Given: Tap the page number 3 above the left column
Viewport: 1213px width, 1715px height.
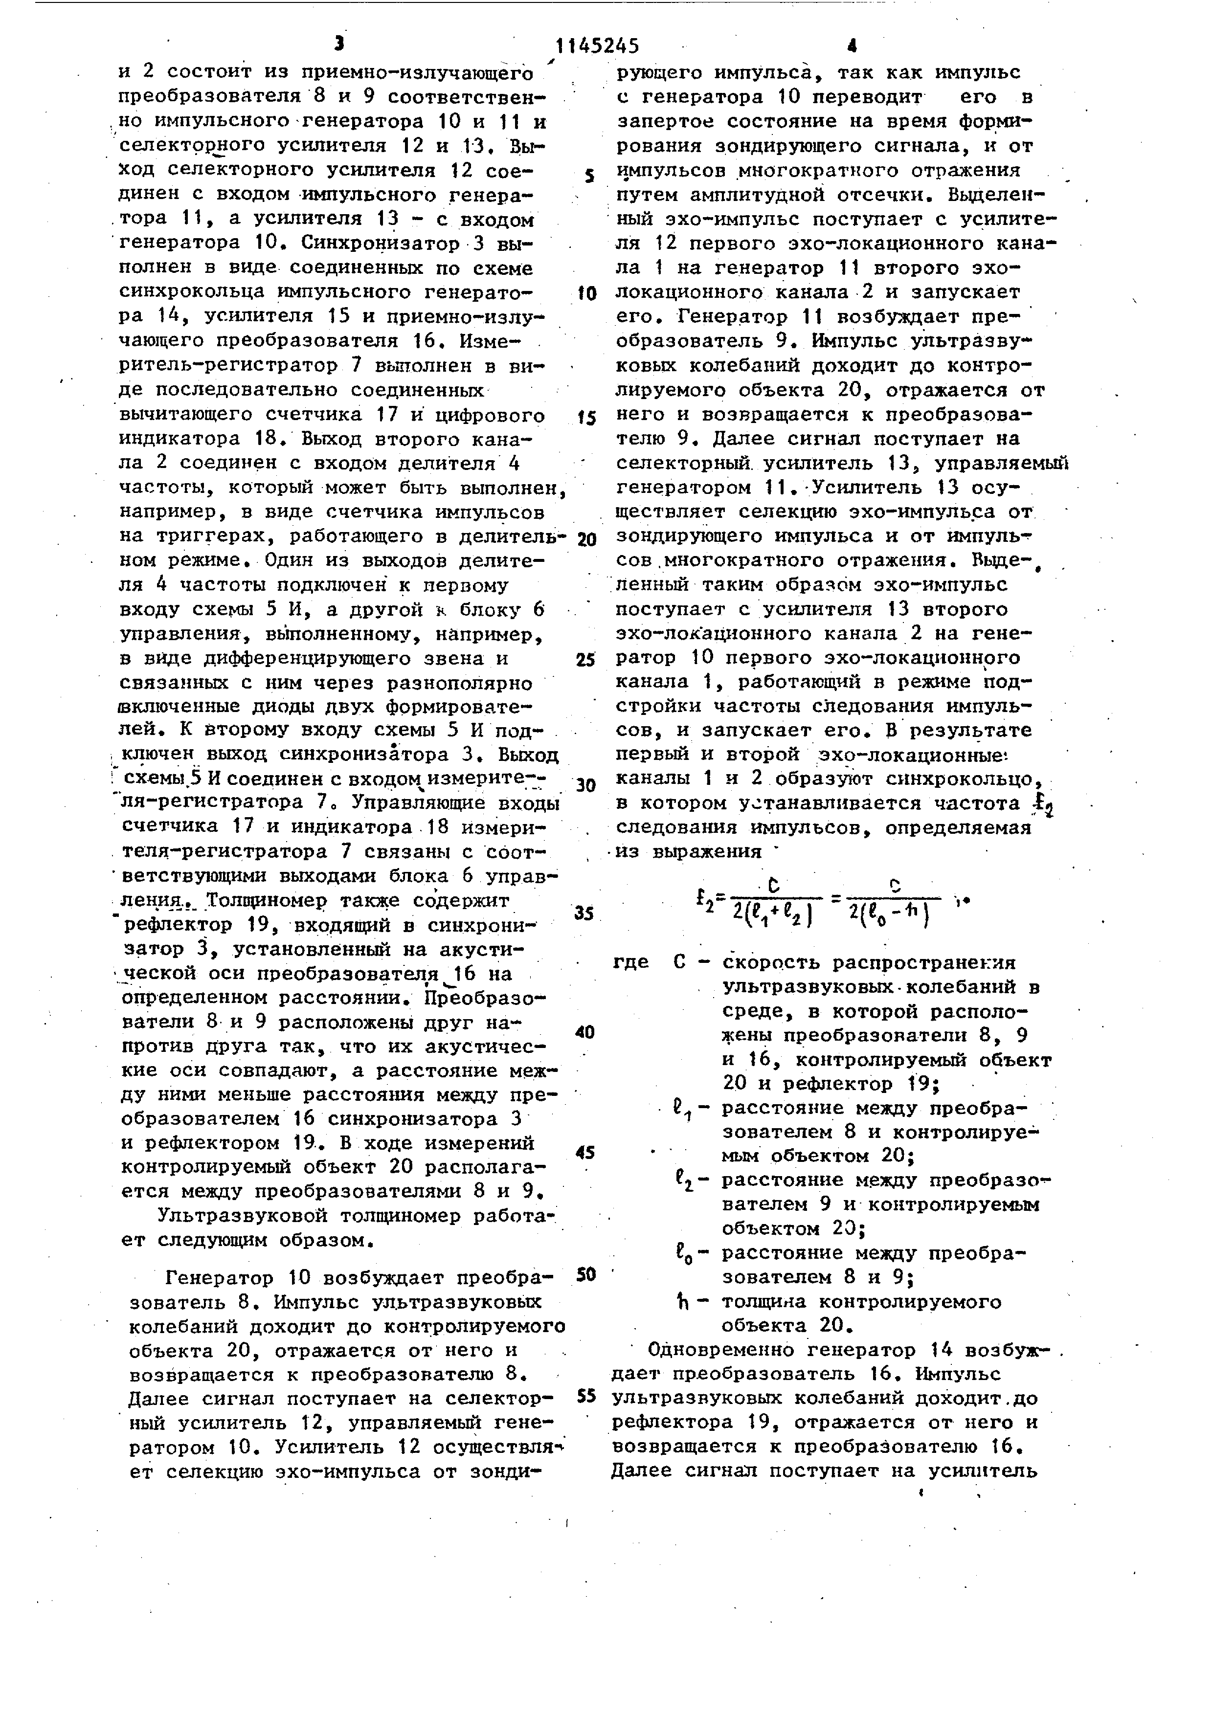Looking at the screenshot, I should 340,44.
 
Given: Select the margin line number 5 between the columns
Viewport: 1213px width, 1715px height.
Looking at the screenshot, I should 589,176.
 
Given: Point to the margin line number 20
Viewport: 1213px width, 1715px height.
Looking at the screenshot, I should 586,539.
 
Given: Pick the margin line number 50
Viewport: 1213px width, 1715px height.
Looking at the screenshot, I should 585,1274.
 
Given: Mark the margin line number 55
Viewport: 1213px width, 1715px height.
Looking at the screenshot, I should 585,1395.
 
